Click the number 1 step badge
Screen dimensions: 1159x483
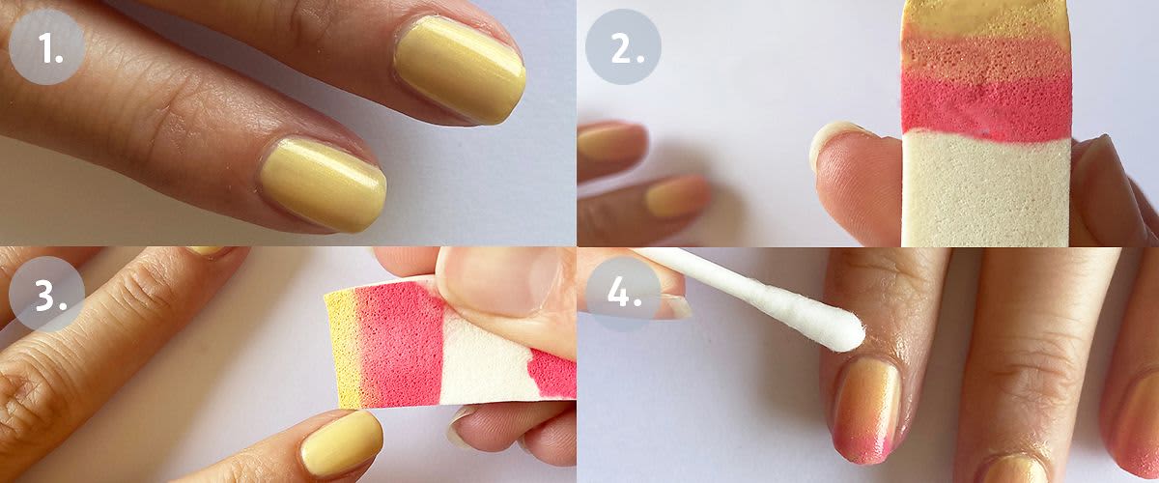47,46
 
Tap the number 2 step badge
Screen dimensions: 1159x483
624,46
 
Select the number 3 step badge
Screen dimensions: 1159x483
47,294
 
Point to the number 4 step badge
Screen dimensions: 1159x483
624,294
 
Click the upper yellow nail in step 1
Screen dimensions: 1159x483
460,70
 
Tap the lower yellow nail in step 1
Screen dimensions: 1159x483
324,184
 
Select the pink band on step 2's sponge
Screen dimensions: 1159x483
986,106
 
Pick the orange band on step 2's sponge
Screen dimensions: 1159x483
986,54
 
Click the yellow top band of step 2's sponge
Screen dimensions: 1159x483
986,18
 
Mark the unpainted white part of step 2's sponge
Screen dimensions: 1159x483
986,189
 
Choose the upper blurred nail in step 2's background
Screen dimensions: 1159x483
610,142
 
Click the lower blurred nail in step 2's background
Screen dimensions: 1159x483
677,196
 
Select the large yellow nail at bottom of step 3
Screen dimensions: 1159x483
342,443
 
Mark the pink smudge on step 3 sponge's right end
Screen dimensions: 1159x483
552,372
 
